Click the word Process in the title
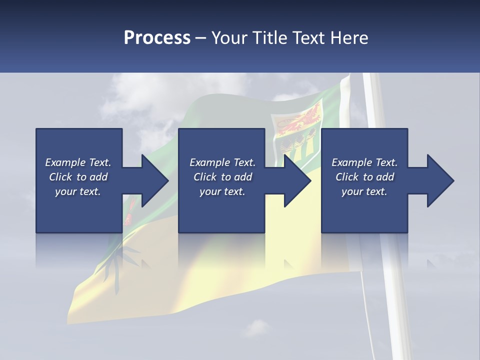point(157,37)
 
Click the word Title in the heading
point(270,37)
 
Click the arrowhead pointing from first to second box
point(155,180)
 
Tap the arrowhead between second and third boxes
point(297,180)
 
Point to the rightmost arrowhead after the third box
point(440,180)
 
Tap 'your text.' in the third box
point(364,191)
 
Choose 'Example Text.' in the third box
point(364,162)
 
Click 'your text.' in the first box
point(78,191)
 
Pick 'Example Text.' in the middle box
point(222,162)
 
